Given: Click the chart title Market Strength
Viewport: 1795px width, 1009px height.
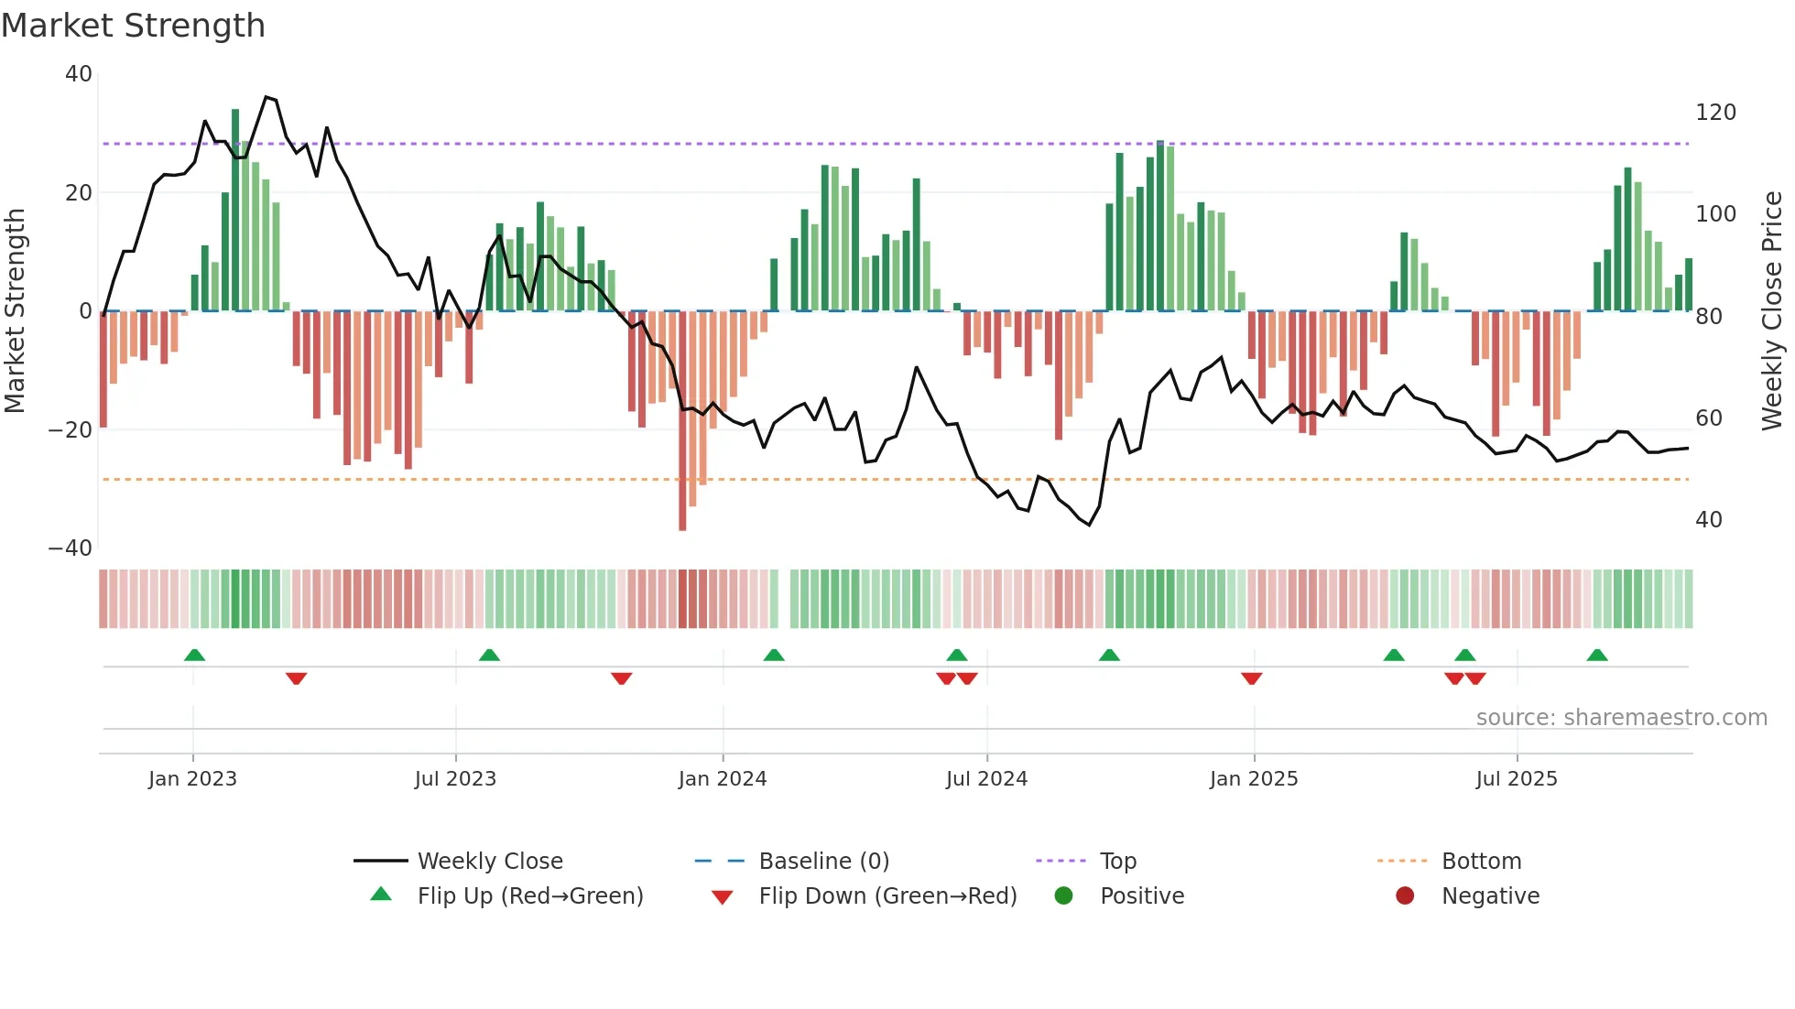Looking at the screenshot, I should coord(133,26).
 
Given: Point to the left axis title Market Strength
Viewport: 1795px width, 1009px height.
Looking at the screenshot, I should coord(16,310).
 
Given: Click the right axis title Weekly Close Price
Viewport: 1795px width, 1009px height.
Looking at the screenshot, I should coord(1772,310).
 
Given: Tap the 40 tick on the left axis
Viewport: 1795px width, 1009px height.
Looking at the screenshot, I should coord(79,74).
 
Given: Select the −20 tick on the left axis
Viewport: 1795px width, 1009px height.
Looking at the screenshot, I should coord(71,430).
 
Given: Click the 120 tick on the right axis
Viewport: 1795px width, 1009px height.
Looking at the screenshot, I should coord(1715,113).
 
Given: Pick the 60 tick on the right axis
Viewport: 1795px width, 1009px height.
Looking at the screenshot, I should coord(1709,418).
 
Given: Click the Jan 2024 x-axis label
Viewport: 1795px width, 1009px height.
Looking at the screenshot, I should coord(723,779).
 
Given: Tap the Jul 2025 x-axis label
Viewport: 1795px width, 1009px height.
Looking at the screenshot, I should coord(1517,779).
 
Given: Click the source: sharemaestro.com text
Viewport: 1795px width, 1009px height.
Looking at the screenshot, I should coord(1621,718).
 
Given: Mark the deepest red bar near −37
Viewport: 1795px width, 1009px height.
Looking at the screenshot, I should coord(682,421).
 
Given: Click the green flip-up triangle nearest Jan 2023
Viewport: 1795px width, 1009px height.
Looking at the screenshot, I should coord(194,655).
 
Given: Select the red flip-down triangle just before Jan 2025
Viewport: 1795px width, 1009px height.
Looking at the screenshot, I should coord(1252,678).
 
